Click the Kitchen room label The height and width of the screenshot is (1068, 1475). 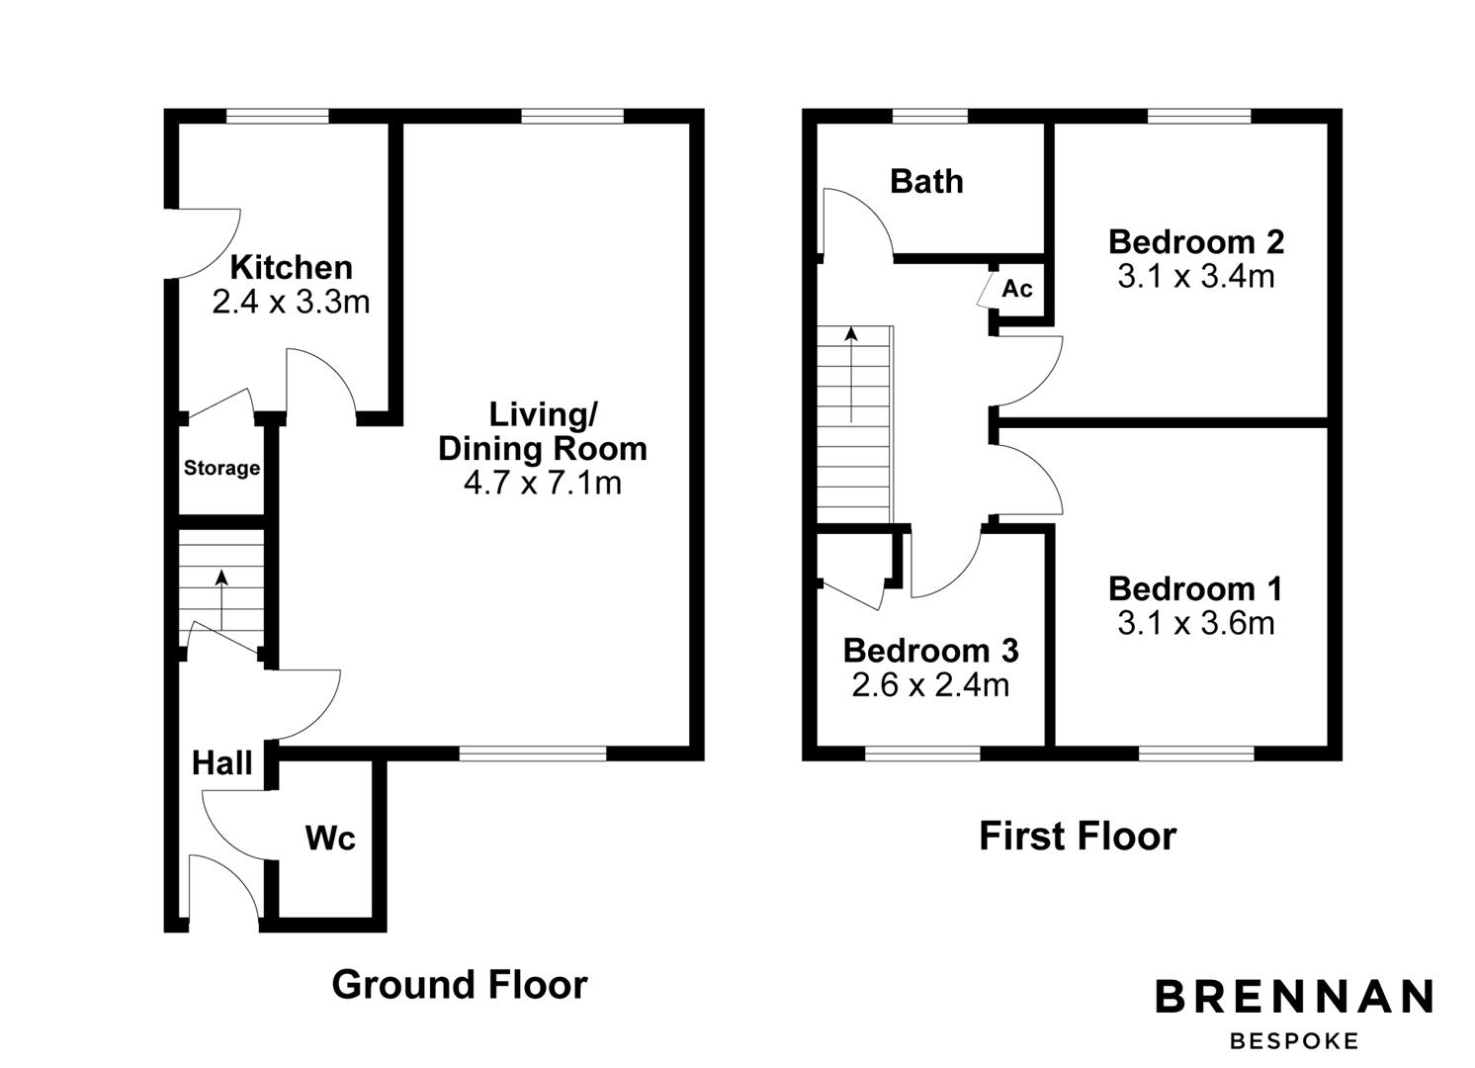[291, 267]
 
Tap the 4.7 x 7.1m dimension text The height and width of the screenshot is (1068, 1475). [542, 483]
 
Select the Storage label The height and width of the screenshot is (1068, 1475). [221, 468]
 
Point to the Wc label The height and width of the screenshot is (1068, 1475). [330, 839]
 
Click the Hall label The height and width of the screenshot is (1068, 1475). [221, 762]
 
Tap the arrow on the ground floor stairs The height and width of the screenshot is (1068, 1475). [221, 597]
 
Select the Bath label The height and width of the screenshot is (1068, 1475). [926, 181]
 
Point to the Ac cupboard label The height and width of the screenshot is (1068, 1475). [1017, 288]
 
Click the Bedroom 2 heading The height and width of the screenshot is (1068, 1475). [1195, 241]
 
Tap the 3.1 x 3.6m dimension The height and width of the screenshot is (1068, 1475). [1195, 624]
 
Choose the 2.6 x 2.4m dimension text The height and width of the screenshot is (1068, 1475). [929, 685]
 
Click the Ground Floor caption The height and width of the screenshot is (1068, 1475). [459, 985]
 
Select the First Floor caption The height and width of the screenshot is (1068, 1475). [1077, 837]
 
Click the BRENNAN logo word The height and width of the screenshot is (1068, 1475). [1294, 997]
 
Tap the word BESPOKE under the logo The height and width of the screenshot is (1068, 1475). [1294, 1040]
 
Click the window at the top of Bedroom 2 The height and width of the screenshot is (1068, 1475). [1198, 116]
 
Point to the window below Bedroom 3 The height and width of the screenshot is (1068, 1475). [922, 754]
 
